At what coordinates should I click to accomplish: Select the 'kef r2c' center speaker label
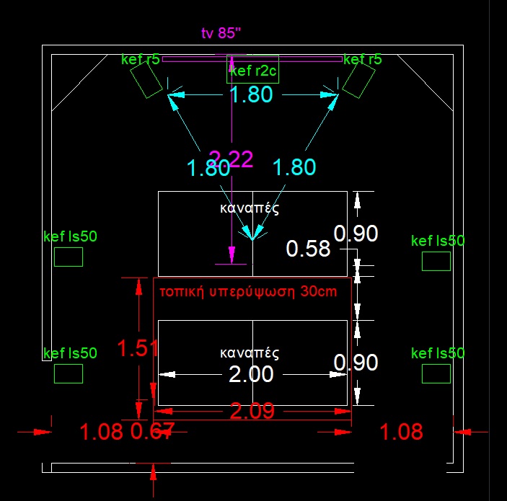[x=252, y=71]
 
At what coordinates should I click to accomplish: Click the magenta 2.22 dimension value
[x=231, y=159]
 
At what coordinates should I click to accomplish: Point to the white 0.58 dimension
[x=308, y=249]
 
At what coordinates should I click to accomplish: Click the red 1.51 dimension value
[x=138, y=349]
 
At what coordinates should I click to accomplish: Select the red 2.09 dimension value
[x=252, y=412]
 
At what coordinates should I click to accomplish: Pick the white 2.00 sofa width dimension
[x=251, y=375]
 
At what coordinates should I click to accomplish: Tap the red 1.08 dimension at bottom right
[x=400, y=432]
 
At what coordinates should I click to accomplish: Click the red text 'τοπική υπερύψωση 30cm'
[x=247, y=292]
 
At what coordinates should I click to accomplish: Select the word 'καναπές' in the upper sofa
[x=249, y=208]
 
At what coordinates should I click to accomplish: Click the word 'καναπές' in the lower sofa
[x=249, y=353]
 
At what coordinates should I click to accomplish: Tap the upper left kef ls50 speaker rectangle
[x=69, y=257]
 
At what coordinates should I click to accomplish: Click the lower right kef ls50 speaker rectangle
[x=436, y=373]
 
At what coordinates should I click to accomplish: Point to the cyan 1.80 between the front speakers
[x=251, y=94]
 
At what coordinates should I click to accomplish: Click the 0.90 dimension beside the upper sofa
[x=356, y=234]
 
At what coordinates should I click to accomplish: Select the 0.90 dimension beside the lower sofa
[x=356, y=362]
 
